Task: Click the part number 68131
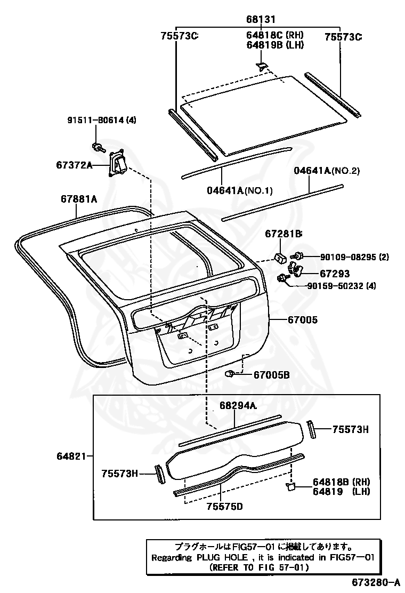click(x=261, y=19)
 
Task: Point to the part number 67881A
click(x=78, y=199)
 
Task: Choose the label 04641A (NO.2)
click(x=327, y=171)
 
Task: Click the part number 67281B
click(x=283, y=234)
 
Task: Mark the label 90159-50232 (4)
click(x=341, y=286)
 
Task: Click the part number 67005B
click(x=271, y=375)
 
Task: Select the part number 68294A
click(x=238, y=406)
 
